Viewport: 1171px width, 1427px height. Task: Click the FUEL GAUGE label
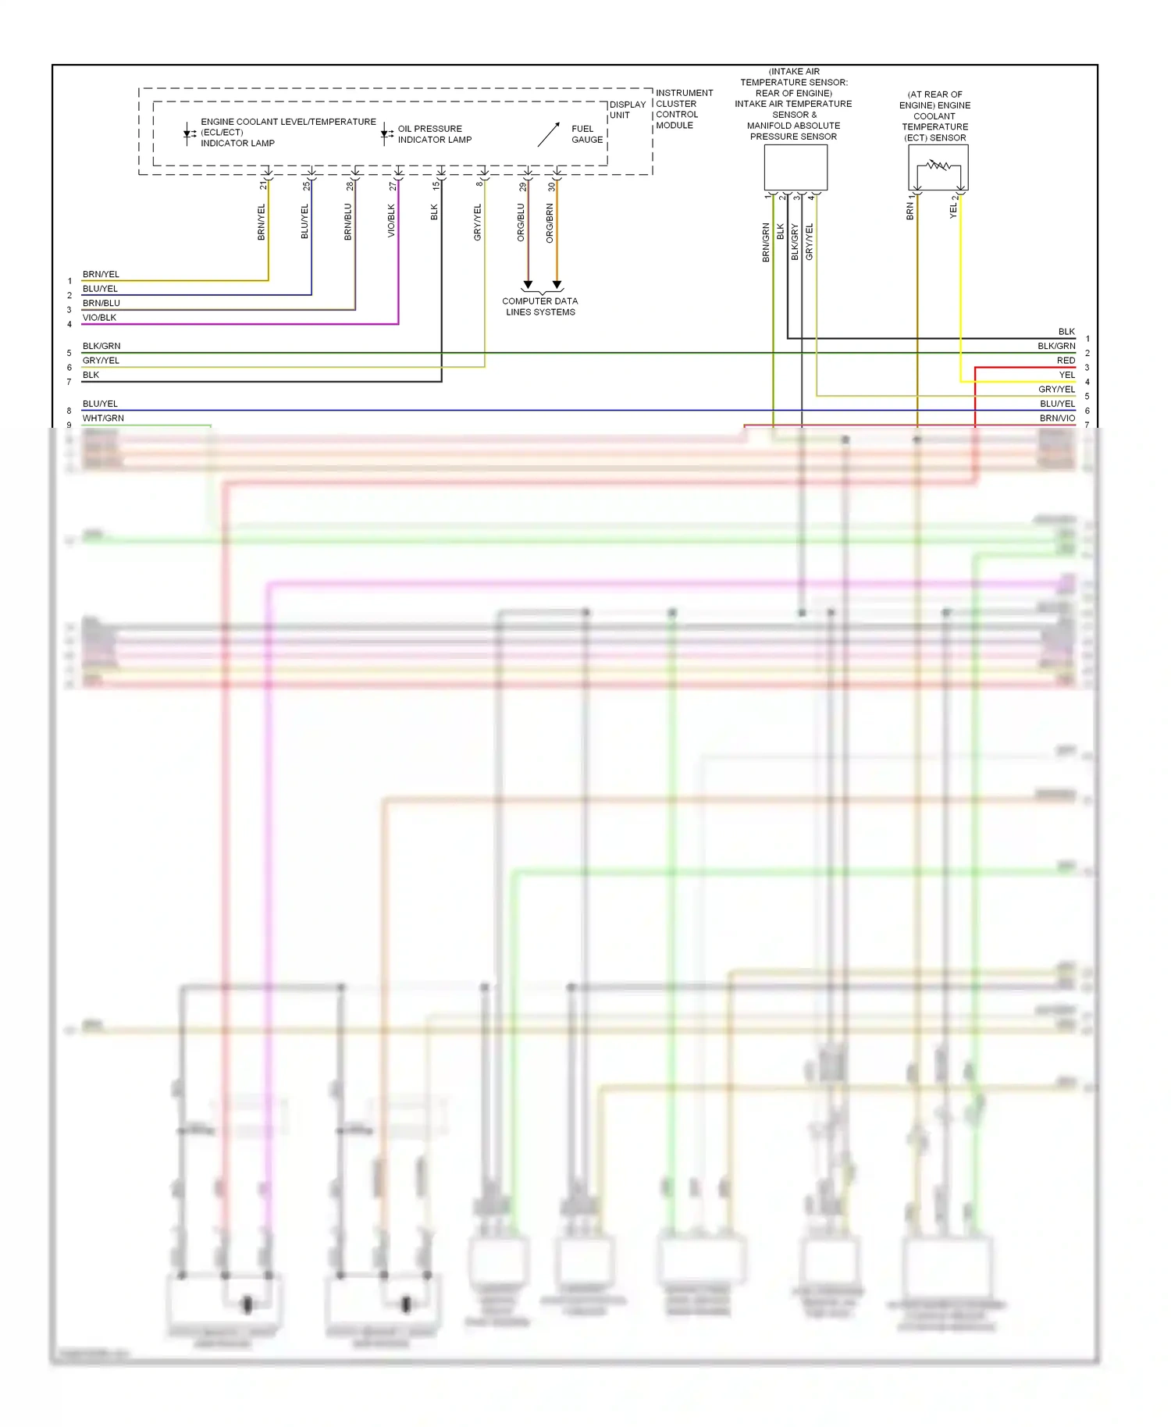coord(586,134)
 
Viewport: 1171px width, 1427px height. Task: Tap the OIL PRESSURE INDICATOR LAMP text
coord(434,134)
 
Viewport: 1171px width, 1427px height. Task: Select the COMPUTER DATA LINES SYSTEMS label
coord(540,306)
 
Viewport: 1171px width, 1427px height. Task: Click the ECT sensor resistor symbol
coord(938,165)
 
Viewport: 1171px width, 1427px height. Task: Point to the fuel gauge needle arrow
coord(549,134)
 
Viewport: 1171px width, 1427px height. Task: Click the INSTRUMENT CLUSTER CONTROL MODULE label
coord(684,109)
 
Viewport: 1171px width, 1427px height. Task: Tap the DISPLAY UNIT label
coord(627,109)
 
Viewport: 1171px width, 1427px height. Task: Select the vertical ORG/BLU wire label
coord(521,222)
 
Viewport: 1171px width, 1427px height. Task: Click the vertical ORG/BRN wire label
coord(550,222)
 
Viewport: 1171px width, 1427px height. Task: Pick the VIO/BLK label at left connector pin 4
coord(99,318)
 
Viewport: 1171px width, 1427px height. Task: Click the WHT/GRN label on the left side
coord(103,418)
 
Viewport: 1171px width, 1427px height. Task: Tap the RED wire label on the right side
coord(1066,361)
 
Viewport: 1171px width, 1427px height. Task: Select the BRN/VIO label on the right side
coord(1057,418)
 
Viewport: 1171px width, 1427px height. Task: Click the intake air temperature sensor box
coord(795,167)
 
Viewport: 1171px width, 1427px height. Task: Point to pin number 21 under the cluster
coord(263,186)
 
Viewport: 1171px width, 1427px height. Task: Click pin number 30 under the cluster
coord(552,187)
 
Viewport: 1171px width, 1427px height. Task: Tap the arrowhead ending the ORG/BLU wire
coord(528,285)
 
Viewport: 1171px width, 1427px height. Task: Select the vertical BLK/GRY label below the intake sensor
coord(795,242)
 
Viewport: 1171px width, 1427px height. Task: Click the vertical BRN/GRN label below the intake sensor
coord(766,242)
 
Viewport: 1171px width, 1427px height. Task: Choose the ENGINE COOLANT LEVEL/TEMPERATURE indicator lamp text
coord(287,132)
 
